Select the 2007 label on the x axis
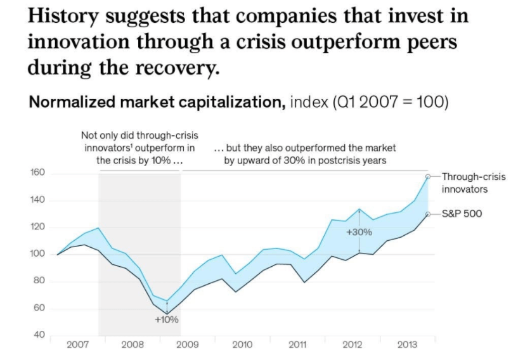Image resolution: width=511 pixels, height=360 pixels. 77,345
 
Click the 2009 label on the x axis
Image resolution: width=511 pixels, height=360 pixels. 187,345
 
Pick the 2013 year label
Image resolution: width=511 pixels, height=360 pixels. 406,345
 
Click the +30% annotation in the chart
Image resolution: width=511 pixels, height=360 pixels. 359,232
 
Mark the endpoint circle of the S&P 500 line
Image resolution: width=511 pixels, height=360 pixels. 428,215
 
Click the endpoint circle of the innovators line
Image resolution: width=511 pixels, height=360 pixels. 428,176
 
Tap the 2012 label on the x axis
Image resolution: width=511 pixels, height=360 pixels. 352,345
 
